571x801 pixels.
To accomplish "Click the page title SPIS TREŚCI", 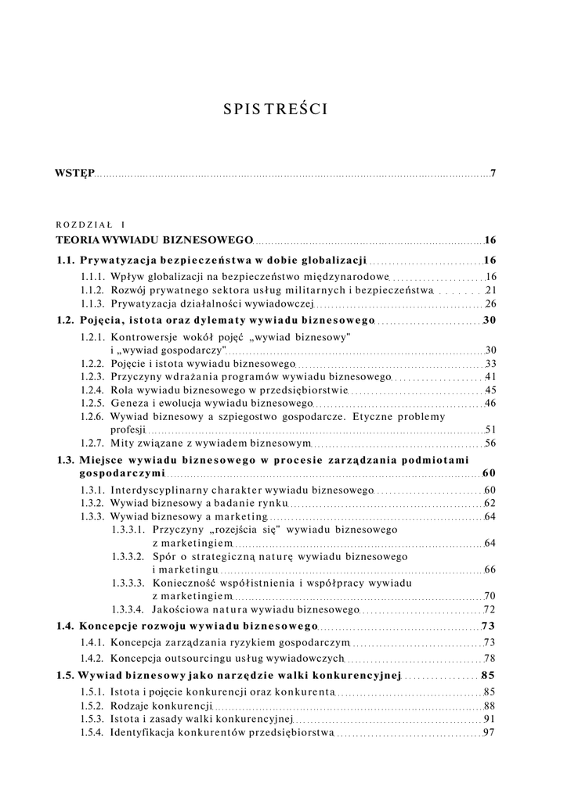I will [275, 110].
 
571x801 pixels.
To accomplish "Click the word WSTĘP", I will [74, 173].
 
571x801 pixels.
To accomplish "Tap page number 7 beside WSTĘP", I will [493, 173].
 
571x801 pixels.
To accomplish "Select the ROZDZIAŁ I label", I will [96, 224].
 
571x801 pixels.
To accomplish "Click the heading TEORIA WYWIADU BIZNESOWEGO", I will [154, 240].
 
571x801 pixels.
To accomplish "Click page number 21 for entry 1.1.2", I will [491, 290].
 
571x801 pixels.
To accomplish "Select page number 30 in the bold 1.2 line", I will [490, 320].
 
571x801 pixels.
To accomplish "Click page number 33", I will [491, 364].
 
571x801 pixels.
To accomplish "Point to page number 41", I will [491, 377].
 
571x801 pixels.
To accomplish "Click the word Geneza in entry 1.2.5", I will [129, 404].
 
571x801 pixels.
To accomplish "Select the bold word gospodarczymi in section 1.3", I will [122, 473].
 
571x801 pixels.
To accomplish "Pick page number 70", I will [490, 596].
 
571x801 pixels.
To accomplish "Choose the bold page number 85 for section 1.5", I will [489, 675].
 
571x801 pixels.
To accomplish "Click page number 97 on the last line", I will [490, 732].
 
